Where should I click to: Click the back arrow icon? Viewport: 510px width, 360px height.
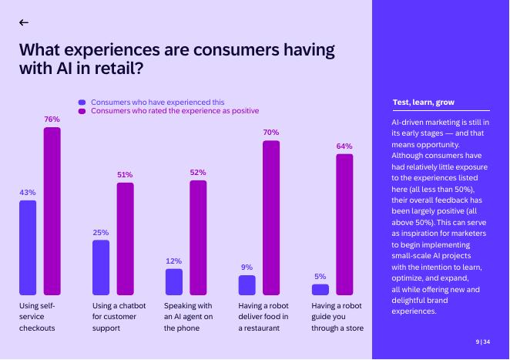24,22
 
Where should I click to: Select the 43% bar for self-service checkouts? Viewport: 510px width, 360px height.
28,247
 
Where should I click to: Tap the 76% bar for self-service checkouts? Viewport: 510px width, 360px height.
52,211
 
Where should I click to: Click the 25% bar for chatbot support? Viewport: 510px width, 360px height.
101,267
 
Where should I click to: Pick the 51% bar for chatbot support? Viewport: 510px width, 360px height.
125,239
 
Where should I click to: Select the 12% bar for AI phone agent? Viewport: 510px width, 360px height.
174,282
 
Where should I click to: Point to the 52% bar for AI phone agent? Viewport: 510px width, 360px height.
198,237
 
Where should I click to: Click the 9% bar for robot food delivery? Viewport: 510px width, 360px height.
247,285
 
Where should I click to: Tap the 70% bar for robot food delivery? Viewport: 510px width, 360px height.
271,218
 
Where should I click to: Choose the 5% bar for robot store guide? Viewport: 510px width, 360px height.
320,290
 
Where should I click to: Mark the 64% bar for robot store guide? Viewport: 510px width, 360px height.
344,224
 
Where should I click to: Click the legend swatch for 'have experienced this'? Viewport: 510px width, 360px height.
82,102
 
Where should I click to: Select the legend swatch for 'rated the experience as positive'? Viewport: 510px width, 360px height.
82,111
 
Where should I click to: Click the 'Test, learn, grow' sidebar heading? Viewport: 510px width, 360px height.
424,103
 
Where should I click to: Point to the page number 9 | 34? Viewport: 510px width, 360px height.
481,341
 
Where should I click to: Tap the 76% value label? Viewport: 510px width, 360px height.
52,119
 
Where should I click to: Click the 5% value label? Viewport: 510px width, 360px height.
320,276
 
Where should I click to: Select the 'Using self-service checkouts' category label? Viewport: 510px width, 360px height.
37,317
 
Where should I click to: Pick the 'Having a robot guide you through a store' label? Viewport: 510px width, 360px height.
337,317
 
